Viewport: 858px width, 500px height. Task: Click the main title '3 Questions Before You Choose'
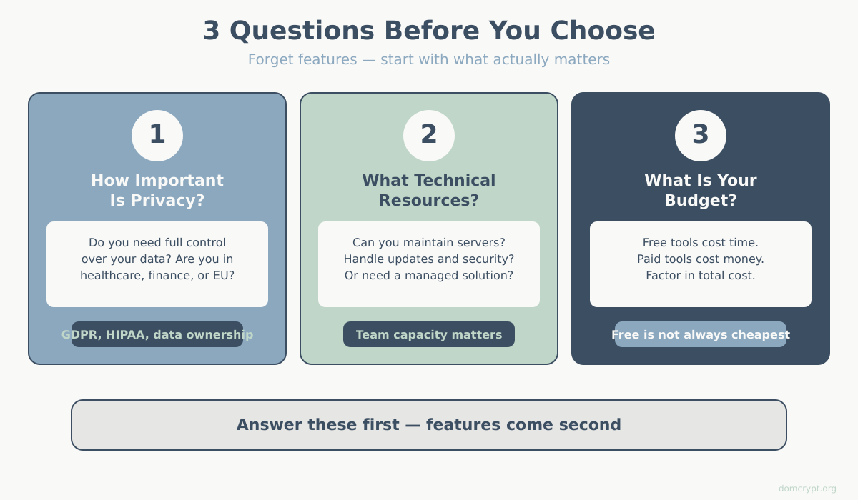[x=429, y=31]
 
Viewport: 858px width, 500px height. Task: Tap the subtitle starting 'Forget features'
[x=429, y=59]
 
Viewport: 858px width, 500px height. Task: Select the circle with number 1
[x=157, y=135]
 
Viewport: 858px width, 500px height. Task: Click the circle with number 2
[x=429, y=135]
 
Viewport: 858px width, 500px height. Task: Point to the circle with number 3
[x=701, y=135]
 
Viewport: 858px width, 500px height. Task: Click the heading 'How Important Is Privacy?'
[x=157, y=190]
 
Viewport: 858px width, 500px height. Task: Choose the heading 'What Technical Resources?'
[x=429, y=190]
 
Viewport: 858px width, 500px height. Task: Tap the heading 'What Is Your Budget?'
[x=701, y=190]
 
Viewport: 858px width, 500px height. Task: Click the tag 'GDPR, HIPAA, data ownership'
[x=157, y=334]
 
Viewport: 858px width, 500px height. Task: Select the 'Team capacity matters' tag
[x=429, y=334]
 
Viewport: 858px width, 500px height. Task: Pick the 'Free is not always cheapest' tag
[x=701, y=334]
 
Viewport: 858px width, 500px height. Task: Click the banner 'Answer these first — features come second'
[x=429, y=425]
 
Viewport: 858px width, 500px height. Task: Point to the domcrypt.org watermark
[x=807, y=489]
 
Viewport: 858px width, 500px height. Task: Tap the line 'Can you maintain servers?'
[x=429, y=242]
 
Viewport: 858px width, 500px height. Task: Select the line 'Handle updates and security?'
[x=429, y=259]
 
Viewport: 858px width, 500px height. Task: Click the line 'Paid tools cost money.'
[x=701, y=259]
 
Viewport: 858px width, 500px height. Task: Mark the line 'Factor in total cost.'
[x=701, y=275]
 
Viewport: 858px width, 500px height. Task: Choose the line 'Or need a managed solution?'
[x=429, y=275]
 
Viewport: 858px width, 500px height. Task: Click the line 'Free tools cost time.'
[x=701, y=242]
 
